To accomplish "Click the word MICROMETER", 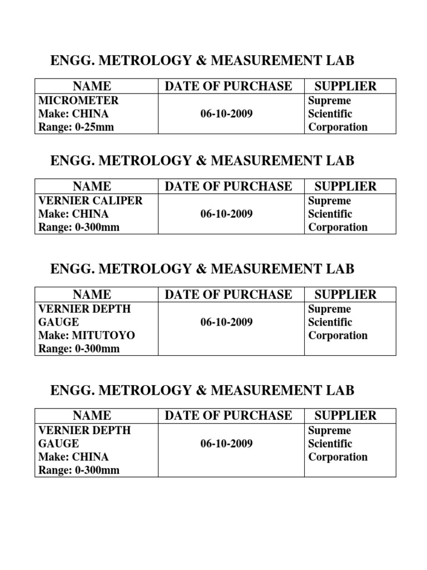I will click(78, 101).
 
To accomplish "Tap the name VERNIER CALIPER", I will click(91, 201).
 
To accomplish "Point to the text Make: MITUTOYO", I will click(87, 336).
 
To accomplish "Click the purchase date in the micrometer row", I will click(226, 114).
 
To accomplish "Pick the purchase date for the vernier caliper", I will click(226, 214).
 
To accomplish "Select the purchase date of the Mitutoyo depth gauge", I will click(226, 322).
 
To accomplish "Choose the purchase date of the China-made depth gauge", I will click(226, 444).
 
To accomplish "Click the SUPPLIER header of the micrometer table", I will click(346, 86).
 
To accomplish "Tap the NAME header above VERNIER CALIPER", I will click(92, 186).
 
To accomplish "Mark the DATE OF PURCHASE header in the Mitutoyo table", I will click(228, 294).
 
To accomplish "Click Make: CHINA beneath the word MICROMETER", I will click(73, 114).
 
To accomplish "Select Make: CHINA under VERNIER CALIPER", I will click(73, 214).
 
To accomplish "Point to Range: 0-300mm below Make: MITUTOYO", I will click(79, 349).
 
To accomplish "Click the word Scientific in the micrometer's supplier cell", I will click(330, 114).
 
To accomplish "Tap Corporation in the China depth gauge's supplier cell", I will click(338, 457).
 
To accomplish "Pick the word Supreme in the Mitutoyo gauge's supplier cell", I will click(330, 309).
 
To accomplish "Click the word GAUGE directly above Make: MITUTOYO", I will click(58, 322).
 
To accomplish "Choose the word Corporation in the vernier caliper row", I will click(338, 227).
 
